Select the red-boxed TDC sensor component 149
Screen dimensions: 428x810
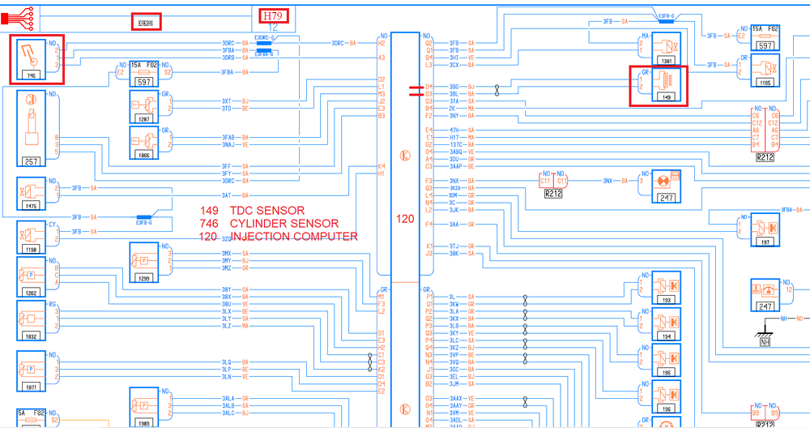tap(659, 86)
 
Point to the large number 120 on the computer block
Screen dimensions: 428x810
tap(404, 218)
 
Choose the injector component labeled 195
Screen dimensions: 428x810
tap(666, 361)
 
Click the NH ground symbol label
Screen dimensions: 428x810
tap(764, 342)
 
